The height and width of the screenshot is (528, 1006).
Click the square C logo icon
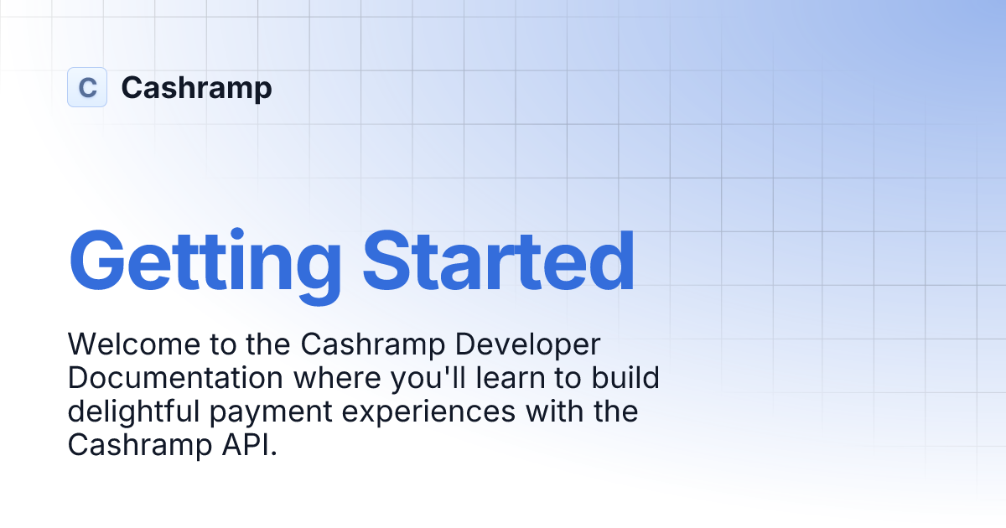[x=87, y=87]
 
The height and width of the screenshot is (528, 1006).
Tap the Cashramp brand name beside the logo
[x=196, y=87]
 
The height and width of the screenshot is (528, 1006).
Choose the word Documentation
[x=175, y=378]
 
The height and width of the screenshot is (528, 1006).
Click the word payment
[x=268, y=412]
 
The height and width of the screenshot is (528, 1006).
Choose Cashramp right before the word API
[x=136, y=445]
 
